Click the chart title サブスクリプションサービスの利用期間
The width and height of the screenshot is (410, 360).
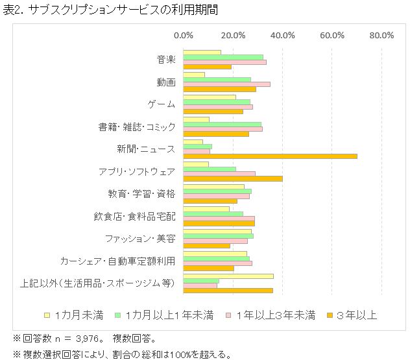tap(117, 10)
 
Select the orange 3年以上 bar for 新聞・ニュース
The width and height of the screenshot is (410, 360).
tap(270, 156)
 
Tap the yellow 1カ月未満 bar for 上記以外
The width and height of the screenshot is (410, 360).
tap(228, 276)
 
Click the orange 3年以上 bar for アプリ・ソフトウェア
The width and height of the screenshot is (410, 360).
tap(232, 178)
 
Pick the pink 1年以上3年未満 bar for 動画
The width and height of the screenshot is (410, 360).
tap(226, 84)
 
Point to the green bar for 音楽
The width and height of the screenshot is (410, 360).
tap(223, 57)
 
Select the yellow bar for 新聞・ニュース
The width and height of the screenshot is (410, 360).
tap(193, 142)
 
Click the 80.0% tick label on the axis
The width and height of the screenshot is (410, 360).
tap(381, 35)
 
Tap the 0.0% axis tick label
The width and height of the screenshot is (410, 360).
tap(184, 35)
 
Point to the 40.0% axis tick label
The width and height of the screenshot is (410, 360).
tap(283, 35)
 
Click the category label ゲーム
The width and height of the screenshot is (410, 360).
tap(162, 104)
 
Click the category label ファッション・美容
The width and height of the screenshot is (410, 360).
tap(140, 239)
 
